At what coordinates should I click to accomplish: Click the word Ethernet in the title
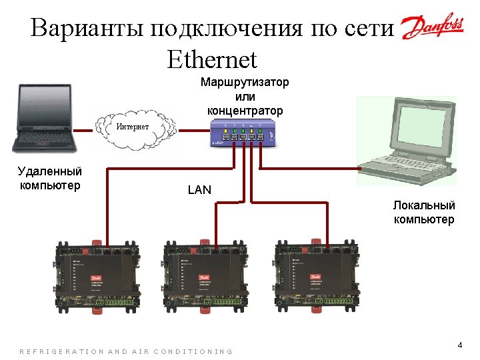(212, 60)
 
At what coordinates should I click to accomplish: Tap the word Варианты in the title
(86, 29)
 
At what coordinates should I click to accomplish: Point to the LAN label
(199, 190)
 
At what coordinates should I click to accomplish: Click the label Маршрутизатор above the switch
(245, 82)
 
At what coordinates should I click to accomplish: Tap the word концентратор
(245, 110)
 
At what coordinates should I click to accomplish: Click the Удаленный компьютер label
(50, 178)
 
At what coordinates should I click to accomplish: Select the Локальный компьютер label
(424, 213)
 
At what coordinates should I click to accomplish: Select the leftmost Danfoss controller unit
(97, 273)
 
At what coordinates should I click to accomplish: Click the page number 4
(459, 345)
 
